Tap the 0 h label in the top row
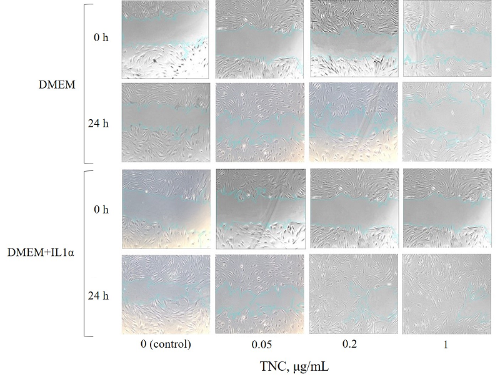click(x=100, y=37)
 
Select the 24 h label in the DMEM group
click(x=99, y=122)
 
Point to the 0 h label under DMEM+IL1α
click(x=100, y=209)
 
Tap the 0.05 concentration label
click(x=260, y=344)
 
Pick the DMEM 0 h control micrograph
click(x=166, y=38)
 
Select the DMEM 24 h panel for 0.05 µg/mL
click(x=260, y=122)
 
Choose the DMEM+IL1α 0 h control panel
click(x=166, y=208)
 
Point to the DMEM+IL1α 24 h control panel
click(x=166, y=294)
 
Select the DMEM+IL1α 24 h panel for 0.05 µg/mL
click(x=260, y=294)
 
